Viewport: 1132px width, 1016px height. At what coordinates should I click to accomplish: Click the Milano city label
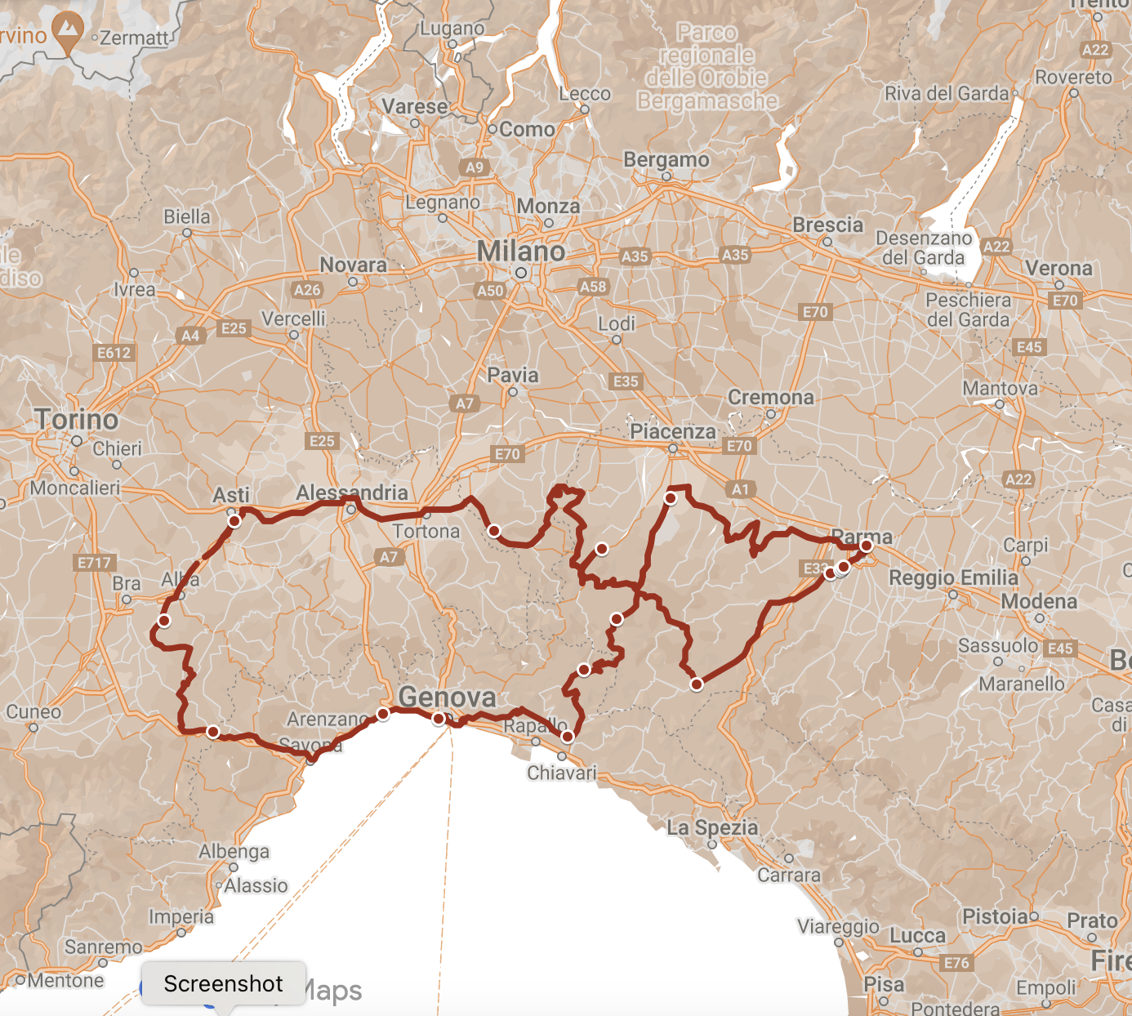520,252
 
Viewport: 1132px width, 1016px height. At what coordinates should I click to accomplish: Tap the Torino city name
77,420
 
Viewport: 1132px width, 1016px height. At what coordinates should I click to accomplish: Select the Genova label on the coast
447,697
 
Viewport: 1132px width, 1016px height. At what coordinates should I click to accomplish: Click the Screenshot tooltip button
223,983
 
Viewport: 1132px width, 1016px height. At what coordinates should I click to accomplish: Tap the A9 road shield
475,167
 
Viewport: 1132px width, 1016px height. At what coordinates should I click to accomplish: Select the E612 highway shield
114,353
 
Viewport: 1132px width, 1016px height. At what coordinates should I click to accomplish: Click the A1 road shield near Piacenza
740,489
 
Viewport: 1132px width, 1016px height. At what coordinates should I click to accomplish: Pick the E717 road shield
95,563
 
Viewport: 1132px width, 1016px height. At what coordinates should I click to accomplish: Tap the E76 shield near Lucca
956,963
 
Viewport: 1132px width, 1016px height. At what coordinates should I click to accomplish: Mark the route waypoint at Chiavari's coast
568,737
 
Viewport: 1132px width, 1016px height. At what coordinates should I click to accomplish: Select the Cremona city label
770,398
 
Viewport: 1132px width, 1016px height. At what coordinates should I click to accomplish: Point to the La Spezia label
712,827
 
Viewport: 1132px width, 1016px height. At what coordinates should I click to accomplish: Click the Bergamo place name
666,159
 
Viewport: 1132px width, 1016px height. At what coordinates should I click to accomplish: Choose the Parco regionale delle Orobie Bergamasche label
707,67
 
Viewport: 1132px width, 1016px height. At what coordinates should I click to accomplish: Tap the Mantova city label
1000,388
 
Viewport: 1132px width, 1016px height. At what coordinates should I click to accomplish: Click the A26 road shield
307,290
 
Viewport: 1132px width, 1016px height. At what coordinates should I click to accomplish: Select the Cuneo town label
33,711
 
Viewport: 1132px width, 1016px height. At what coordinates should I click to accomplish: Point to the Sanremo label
103,947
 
